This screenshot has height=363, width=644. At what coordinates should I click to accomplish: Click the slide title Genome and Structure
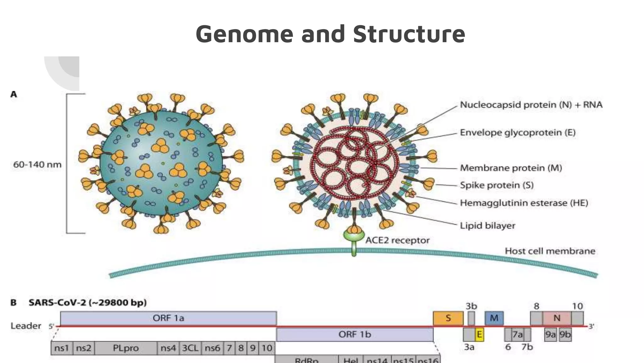(330, 34)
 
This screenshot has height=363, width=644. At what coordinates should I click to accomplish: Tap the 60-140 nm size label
(37, 164)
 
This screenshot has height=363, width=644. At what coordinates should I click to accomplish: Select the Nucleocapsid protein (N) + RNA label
(531, 105)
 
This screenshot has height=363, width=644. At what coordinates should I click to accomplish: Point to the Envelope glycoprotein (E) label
(518, 132)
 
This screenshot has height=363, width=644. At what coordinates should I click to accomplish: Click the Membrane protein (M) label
(511, 168)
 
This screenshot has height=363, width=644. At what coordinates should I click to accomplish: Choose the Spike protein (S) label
(497, 185)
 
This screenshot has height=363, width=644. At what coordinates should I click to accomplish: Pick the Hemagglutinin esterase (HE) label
(524, 203)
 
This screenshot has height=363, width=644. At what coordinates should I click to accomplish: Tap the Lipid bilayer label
(487, 226)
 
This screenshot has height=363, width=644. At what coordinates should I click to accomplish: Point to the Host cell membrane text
(550, 251)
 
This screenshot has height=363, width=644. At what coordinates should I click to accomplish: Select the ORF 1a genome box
(168, 318)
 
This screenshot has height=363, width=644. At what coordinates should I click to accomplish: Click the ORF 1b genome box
(354, 334)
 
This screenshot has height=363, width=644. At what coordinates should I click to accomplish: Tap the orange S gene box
(448, 318)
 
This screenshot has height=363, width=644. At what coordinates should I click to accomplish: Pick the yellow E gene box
(479, 334)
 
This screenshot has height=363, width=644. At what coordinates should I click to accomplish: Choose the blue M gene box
(494, 318)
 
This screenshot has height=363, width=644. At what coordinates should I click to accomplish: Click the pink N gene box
(557, 318)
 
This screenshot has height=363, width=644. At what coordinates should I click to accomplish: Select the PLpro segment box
(125, 348)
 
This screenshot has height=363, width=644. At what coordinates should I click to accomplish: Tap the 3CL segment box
(190, 348)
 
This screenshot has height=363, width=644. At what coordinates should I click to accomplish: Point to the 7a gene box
(518, 334)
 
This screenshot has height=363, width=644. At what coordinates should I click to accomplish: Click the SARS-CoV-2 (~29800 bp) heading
(87, 303)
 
